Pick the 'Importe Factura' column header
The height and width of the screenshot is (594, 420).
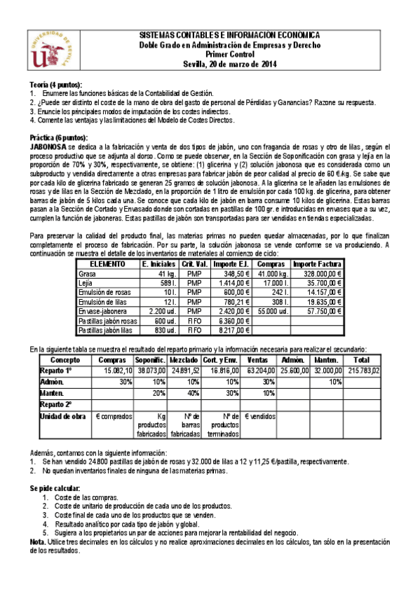tap(316, 264)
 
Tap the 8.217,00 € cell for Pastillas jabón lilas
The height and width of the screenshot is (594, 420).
tap(231, 329)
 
